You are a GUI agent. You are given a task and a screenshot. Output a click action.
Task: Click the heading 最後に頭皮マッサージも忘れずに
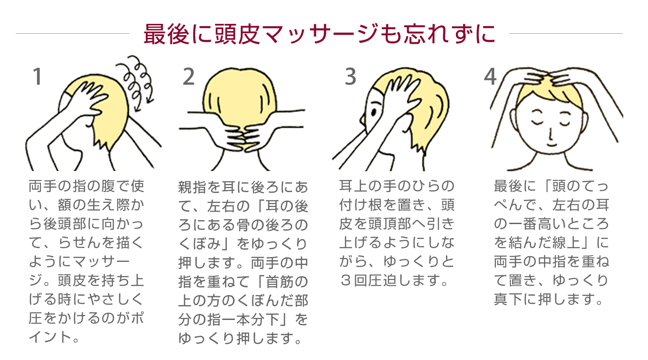pos(319,34)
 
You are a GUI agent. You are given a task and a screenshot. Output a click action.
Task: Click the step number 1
pos(38,76)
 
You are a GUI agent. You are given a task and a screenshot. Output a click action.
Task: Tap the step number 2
pos(189,76)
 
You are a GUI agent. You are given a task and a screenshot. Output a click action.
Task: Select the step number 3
pos(350,76)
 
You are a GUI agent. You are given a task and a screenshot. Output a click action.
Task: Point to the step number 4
pos(490,76)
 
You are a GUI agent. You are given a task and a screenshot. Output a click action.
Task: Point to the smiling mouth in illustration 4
pos(551,144)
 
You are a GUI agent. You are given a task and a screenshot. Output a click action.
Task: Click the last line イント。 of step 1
pos(54,337)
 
